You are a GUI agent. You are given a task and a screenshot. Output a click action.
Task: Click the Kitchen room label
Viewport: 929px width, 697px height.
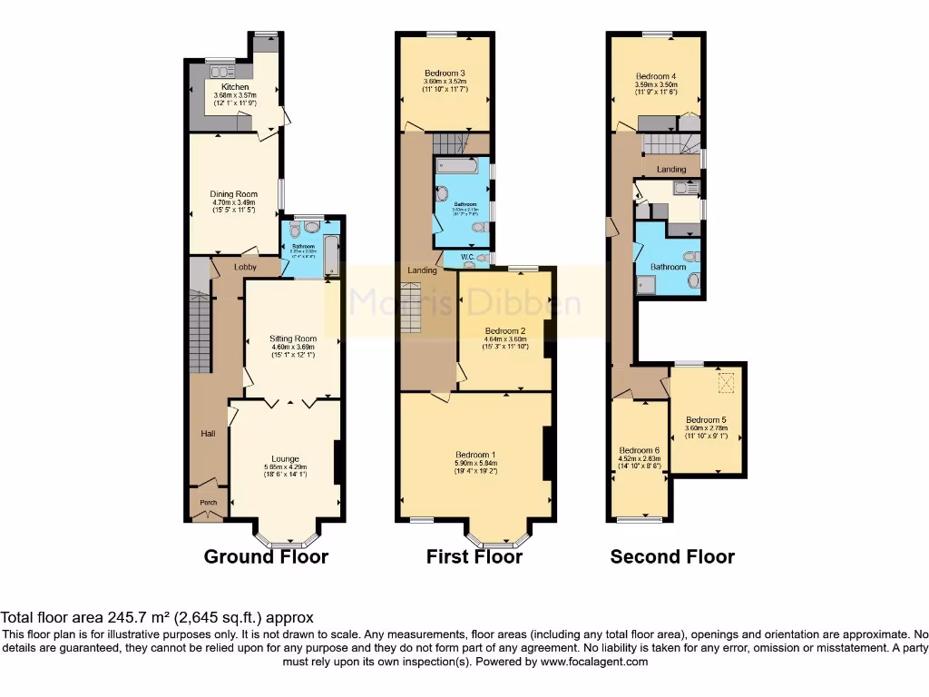(x=222, y=87)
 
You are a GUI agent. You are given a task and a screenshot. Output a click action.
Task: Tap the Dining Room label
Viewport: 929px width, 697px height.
(x=234, y=194)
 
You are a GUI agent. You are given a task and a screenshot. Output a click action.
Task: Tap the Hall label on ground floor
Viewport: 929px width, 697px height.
(x=208, y=434)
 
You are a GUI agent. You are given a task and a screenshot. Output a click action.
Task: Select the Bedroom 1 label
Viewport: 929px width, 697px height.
(x=475, y=455)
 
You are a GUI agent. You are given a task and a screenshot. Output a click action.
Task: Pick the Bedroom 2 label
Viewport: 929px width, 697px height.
(x=505, y=331)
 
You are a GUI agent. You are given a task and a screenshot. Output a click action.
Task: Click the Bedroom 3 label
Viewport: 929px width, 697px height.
(x=445, y=74)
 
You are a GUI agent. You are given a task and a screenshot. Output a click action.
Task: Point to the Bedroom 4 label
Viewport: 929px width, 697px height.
(x=656, y=77)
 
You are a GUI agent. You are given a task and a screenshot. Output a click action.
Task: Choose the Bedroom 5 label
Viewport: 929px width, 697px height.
(x=706, y=419)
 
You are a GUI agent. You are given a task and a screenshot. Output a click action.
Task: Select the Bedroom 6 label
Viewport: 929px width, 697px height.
(x=640, y=450)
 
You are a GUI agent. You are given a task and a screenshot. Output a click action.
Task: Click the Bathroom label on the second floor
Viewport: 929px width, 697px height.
(x=668, y=267)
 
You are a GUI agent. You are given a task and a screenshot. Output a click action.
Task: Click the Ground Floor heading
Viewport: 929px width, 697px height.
(x=266, y=556)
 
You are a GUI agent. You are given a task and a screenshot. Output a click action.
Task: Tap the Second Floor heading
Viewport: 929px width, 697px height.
(x=672, y=556)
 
